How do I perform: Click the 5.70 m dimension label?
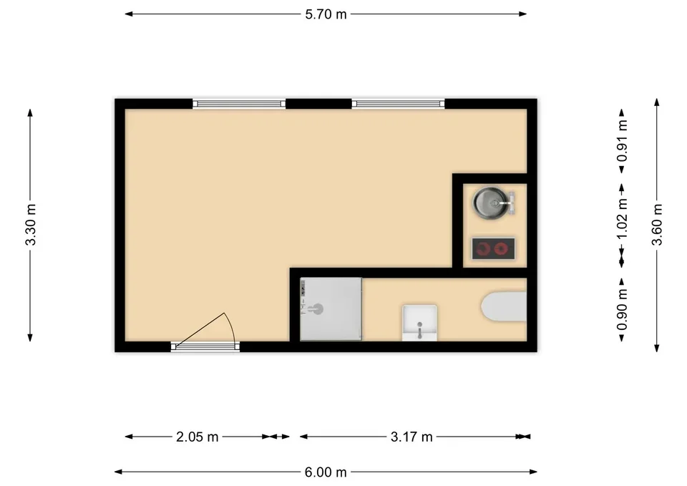(326, 14)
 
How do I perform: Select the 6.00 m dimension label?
(326, 472)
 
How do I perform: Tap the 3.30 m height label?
(31, 225)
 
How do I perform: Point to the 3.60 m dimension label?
(657, 225)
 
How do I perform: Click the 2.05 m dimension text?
(198, 437)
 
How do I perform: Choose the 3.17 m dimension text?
(411, 437)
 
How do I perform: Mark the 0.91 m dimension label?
(622, 141)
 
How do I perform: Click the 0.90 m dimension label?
(622, 309)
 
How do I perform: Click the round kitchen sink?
(492, 203)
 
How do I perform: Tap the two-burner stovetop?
(493, 249)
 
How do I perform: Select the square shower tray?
(331, 309)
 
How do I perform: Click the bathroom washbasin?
(420, 323)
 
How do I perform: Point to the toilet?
(504, 306)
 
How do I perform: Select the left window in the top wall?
(239, 105)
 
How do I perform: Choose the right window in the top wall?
(399, 105)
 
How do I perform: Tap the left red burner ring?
(483, 249)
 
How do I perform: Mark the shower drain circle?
(318, 309)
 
